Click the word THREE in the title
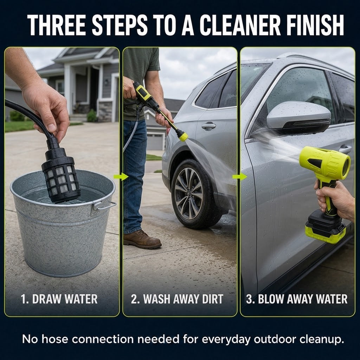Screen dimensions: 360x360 [x=57, y=25]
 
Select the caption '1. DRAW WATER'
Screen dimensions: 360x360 [x=59, y=299]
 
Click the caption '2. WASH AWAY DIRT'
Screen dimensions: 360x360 [x=177, y=299]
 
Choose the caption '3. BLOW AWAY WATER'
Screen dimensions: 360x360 [x=297, y=299]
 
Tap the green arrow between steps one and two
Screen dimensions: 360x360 [x=121, y=176]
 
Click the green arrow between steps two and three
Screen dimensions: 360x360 [x=240, y=176]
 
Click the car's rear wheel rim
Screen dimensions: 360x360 [x=189, y=194]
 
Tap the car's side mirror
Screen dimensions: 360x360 [x=298, y=118]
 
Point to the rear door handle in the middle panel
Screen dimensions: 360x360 [x=208, y=126]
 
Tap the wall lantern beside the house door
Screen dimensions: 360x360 [x=107, y=82]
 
